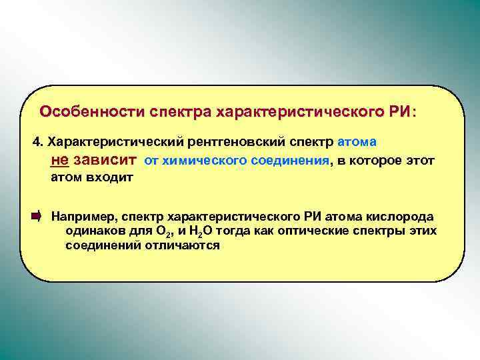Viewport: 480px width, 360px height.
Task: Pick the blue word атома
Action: [x=358, y=141]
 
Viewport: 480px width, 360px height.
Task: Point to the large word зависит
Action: [x=106, y=161]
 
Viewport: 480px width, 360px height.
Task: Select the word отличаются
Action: [x=189, y=245]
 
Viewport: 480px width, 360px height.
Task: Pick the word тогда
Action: [x=235, y=231]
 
